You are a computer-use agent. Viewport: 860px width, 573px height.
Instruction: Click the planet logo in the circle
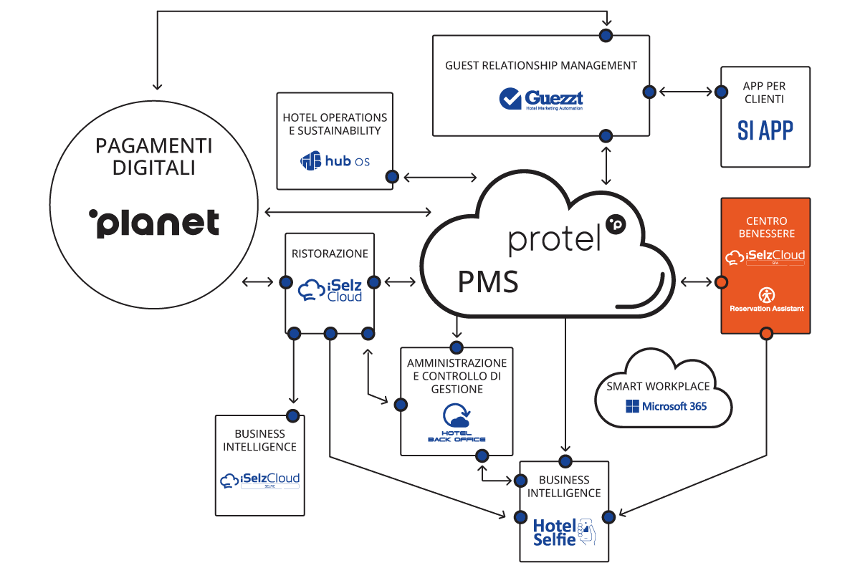point(154,223)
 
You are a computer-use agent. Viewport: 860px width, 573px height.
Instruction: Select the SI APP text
point(765,130)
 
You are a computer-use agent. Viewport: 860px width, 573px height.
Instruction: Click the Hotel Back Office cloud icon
point(457,418)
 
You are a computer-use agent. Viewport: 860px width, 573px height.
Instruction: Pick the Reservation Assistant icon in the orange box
point(765,294)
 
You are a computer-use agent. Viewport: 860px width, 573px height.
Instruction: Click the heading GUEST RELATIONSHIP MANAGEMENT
point(541,65)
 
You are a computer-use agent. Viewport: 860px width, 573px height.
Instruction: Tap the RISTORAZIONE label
point(330,254)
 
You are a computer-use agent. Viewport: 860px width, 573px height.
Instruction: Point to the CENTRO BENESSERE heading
point(765,227)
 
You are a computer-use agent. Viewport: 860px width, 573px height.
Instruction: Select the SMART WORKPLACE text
point(663,386)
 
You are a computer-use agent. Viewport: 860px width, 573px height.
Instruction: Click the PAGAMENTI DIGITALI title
point(154,157)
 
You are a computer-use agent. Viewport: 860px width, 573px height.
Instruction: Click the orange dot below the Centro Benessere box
point(765,333)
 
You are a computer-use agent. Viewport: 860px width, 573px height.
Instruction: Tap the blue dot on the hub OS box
point(392,177)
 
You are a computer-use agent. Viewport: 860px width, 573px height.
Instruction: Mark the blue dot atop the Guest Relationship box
point(606,34)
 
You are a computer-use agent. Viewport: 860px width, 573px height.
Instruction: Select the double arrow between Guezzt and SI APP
point(686,92)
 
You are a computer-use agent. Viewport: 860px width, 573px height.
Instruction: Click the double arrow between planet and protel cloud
point(348,211)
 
